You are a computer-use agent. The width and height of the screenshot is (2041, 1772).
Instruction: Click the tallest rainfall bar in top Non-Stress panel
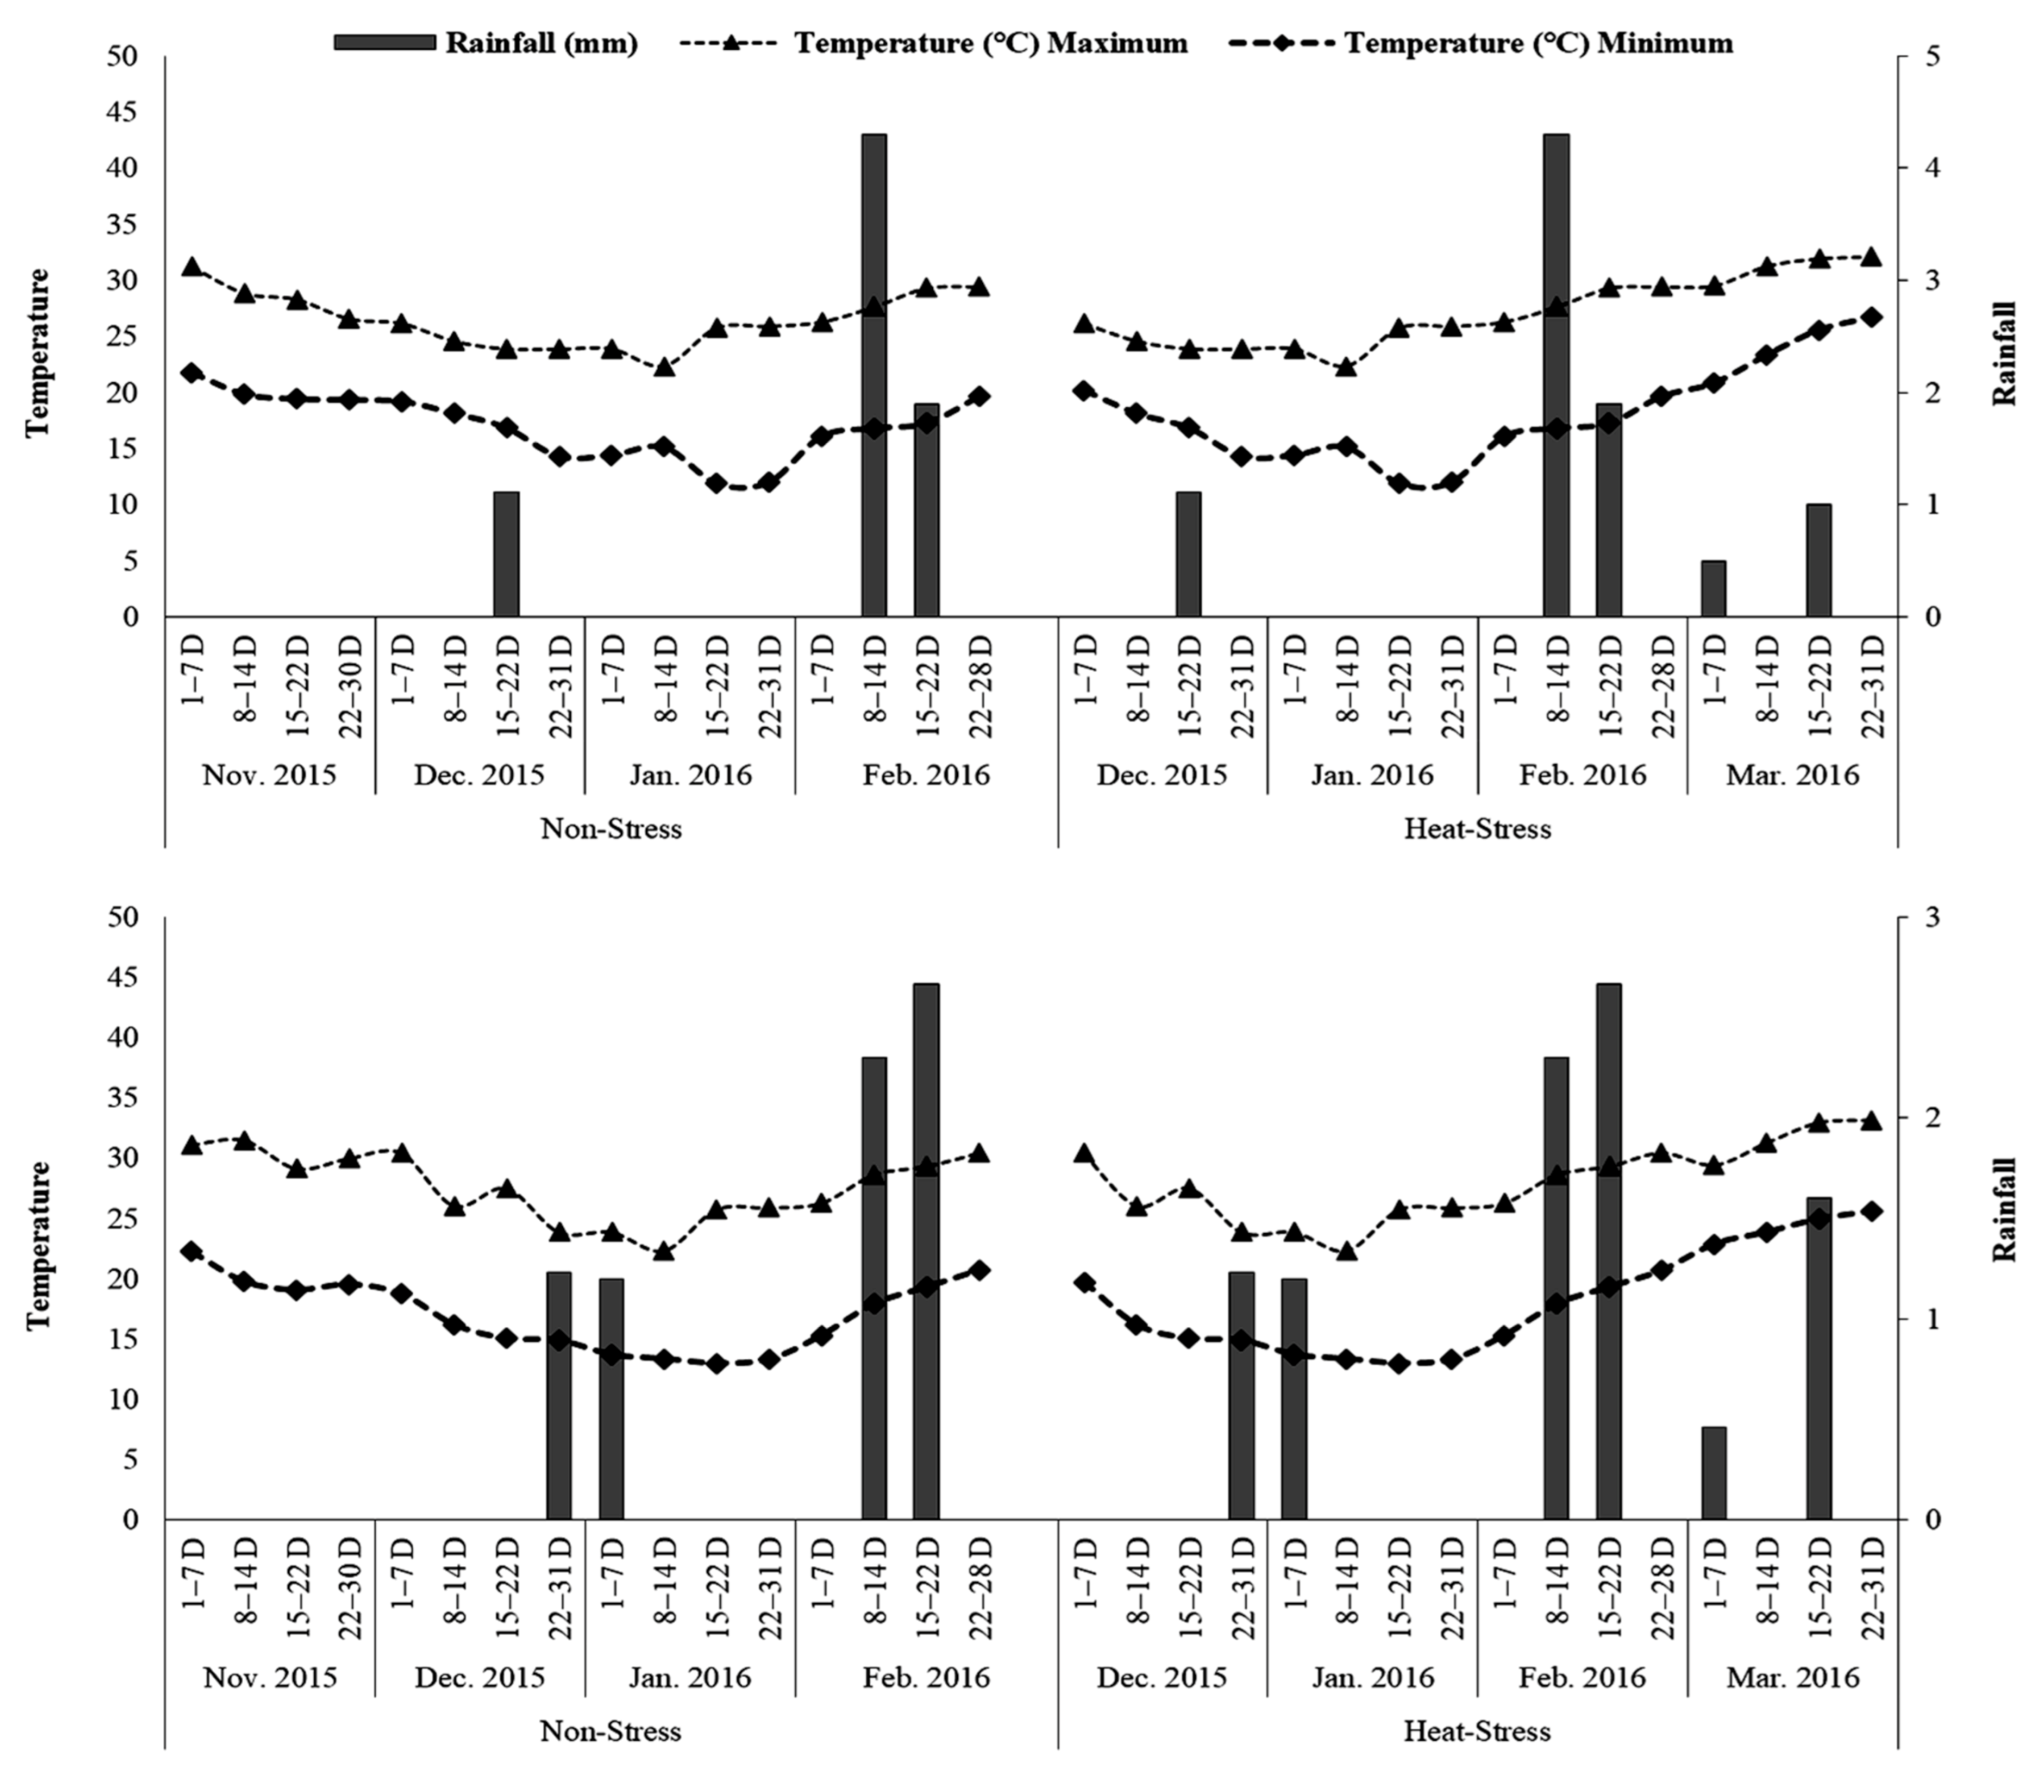pyautogui.click(x=873, y=376)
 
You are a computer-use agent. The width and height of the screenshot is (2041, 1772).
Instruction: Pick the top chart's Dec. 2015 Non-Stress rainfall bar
pyautogui.click(x=506, y=554)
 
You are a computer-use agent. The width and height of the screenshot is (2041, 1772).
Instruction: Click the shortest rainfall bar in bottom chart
pyautogui.click(x=1714, y=1473)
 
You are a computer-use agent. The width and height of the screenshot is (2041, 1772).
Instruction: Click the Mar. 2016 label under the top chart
pyautogui.click(x=1792, y=774)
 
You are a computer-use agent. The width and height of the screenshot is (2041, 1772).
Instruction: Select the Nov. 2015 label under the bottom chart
pyautogui.click(x=269, y=1677)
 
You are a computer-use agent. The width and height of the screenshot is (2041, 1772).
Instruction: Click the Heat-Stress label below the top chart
pyautogui.click(x=1477, y=829)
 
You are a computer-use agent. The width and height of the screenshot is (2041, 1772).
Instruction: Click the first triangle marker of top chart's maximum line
pyautogui.click(x=192, y=267)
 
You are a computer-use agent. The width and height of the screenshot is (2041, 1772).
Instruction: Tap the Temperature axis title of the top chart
pyautogui.click(x=38, y=352)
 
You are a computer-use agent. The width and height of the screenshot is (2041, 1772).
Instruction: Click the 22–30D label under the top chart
pyautogui.click(x=351, y=686)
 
